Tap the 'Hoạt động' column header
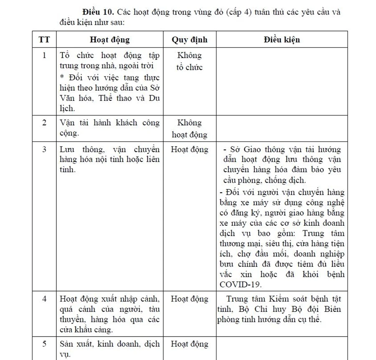109,40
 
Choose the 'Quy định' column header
189,40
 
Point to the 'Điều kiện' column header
282,40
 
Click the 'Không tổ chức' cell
189,61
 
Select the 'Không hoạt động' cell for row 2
189,129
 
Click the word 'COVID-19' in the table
240,284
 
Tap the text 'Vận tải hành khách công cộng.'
109,128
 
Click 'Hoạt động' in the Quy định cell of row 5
189,344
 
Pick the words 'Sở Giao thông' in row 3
255,150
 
